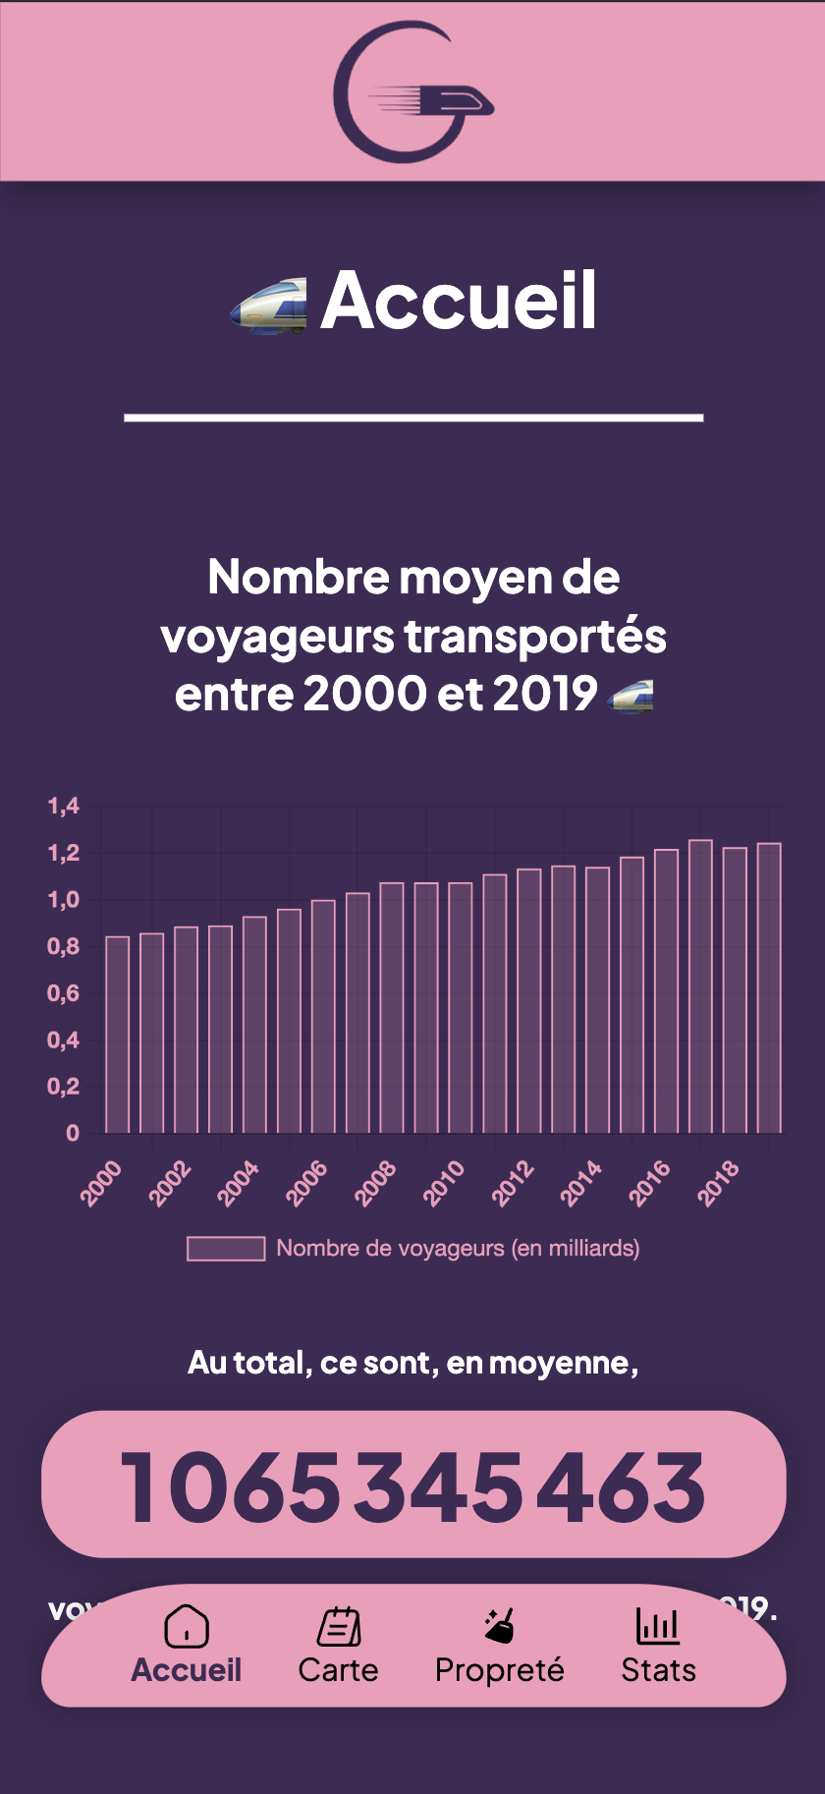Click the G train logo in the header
tap(412, 91)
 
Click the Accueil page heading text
tap(459, 301)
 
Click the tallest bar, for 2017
tap(700, 986)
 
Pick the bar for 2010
tap(461, 1008)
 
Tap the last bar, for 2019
tap(769, 988)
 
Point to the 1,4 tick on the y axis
tap(64, 807)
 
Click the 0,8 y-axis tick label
tap(64, 947)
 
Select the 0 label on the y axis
tap(73, 1134)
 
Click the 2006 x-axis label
tap(306, 1182)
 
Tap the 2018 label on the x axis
tap(718, 1182)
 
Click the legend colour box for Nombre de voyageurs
tap(226, 1249)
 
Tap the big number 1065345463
tap(412, 1486)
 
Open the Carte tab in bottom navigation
tap(338, 1647)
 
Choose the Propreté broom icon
tap(500, 1626)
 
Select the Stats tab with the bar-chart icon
tap(658, 1647)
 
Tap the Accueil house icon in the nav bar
tap(187, 1626)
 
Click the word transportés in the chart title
tap(535, 636)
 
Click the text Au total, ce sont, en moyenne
tap(412, 1363)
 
